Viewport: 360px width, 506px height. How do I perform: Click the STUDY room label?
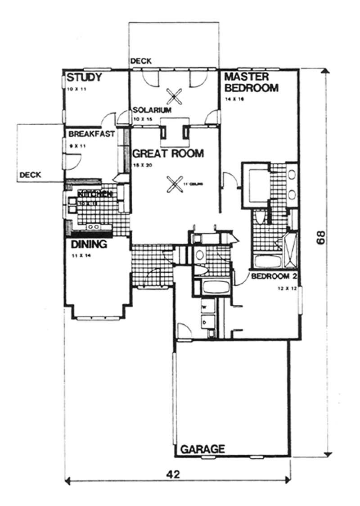84,77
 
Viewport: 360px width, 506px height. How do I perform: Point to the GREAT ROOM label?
168,154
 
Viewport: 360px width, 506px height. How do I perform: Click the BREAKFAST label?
91,134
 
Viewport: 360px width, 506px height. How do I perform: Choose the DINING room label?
89,245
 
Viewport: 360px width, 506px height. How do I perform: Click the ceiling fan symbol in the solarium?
174,95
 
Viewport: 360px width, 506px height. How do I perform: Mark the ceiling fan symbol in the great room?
174,184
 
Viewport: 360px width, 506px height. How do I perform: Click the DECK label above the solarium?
140,61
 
